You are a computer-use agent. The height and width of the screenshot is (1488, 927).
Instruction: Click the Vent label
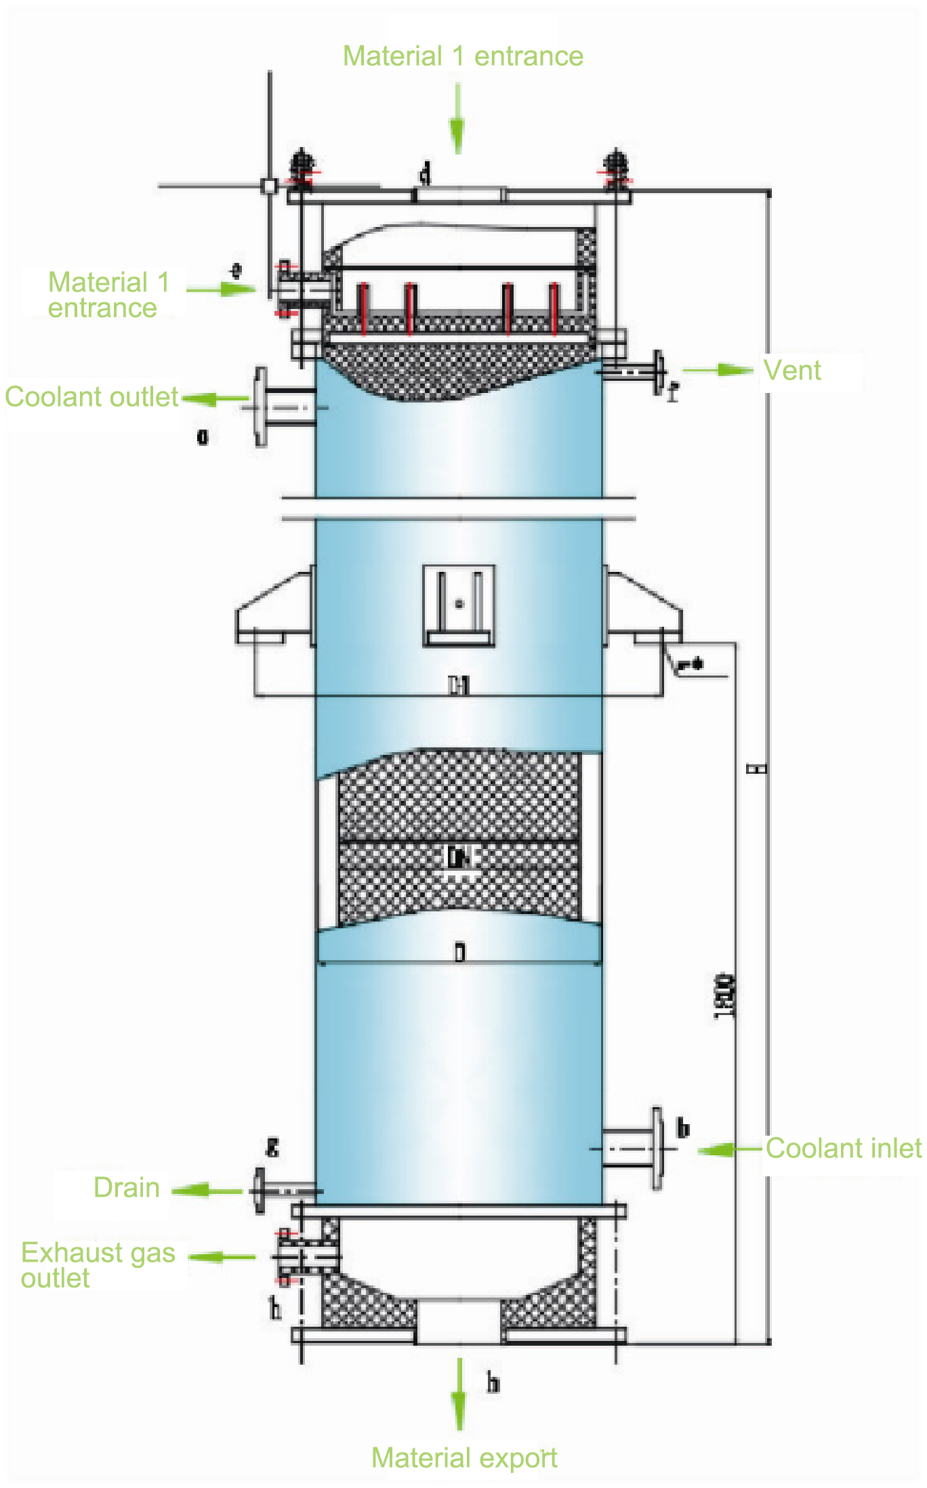(791, 371)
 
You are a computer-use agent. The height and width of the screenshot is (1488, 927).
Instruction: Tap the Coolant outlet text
(91, 397)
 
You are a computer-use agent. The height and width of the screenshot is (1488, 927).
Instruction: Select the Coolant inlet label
(843, 1149)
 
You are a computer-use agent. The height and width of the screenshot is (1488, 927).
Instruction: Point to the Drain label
(127, 1188)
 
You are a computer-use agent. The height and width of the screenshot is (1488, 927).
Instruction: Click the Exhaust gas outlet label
(98, 1265)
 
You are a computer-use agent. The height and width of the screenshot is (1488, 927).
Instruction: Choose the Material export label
(464, 1458)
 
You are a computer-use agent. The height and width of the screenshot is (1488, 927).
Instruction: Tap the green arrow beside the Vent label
(718, 370)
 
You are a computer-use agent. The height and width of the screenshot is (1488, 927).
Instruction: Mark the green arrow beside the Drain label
(207, 1190)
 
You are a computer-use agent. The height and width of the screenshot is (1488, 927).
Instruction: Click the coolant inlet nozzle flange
(657, 1149)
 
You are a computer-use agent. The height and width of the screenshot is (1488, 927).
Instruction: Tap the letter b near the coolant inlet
(683, 1128)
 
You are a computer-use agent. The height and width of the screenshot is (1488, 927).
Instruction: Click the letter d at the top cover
(425, 173)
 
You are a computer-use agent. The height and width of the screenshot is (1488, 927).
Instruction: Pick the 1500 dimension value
(724, 996)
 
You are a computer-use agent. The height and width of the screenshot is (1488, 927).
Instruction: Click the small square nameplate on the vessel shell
(459, 605)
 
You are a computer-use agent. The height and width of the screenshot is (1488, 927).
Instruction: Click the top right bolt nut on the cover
(615, 166)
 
